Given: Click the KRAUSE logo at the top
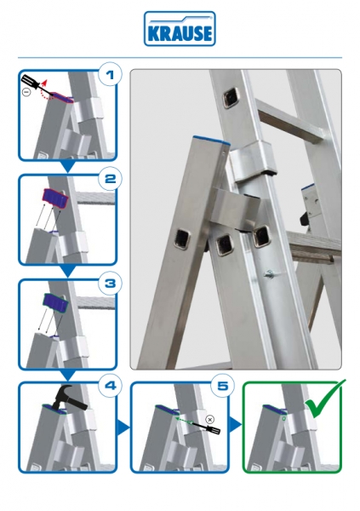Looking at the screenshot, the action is pos(180,29).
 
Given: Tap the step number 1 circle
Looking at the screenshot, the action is pos(110,75).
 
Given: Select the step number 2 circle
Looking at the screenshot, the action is pos(110,178).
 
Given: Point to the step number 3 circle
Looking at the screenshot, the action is pos(110,283).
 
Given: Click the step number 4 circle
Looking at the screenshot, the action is pos(110,386).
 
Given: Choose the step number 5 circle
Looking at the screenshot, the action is pos(222,386).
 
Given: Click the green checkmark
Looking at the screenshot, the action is pos(324,399).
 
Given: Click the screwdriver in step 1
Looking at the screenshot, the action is pos(37,85).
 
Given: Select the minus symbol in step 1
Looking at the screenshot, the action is pos(26,92).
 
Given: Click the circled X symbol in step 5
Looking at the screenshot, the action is pos(210,419).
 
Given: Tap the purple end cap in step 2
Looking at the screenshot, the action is pos(55,198).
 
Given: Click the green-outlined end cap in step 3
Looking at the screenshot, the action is pos(55,302).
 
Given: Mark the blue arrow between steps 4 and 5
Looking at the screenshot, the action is pos(123,428).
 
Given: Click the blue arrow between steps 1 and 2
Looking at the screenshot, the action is pos(68,167).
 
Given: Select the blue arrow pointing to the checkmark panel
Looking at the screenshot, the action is pos(235,425).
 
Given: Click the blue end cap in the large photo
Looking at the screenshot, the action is pos(211,141).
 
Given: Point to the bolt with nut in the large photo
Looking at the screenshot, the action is pos(270,274).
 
